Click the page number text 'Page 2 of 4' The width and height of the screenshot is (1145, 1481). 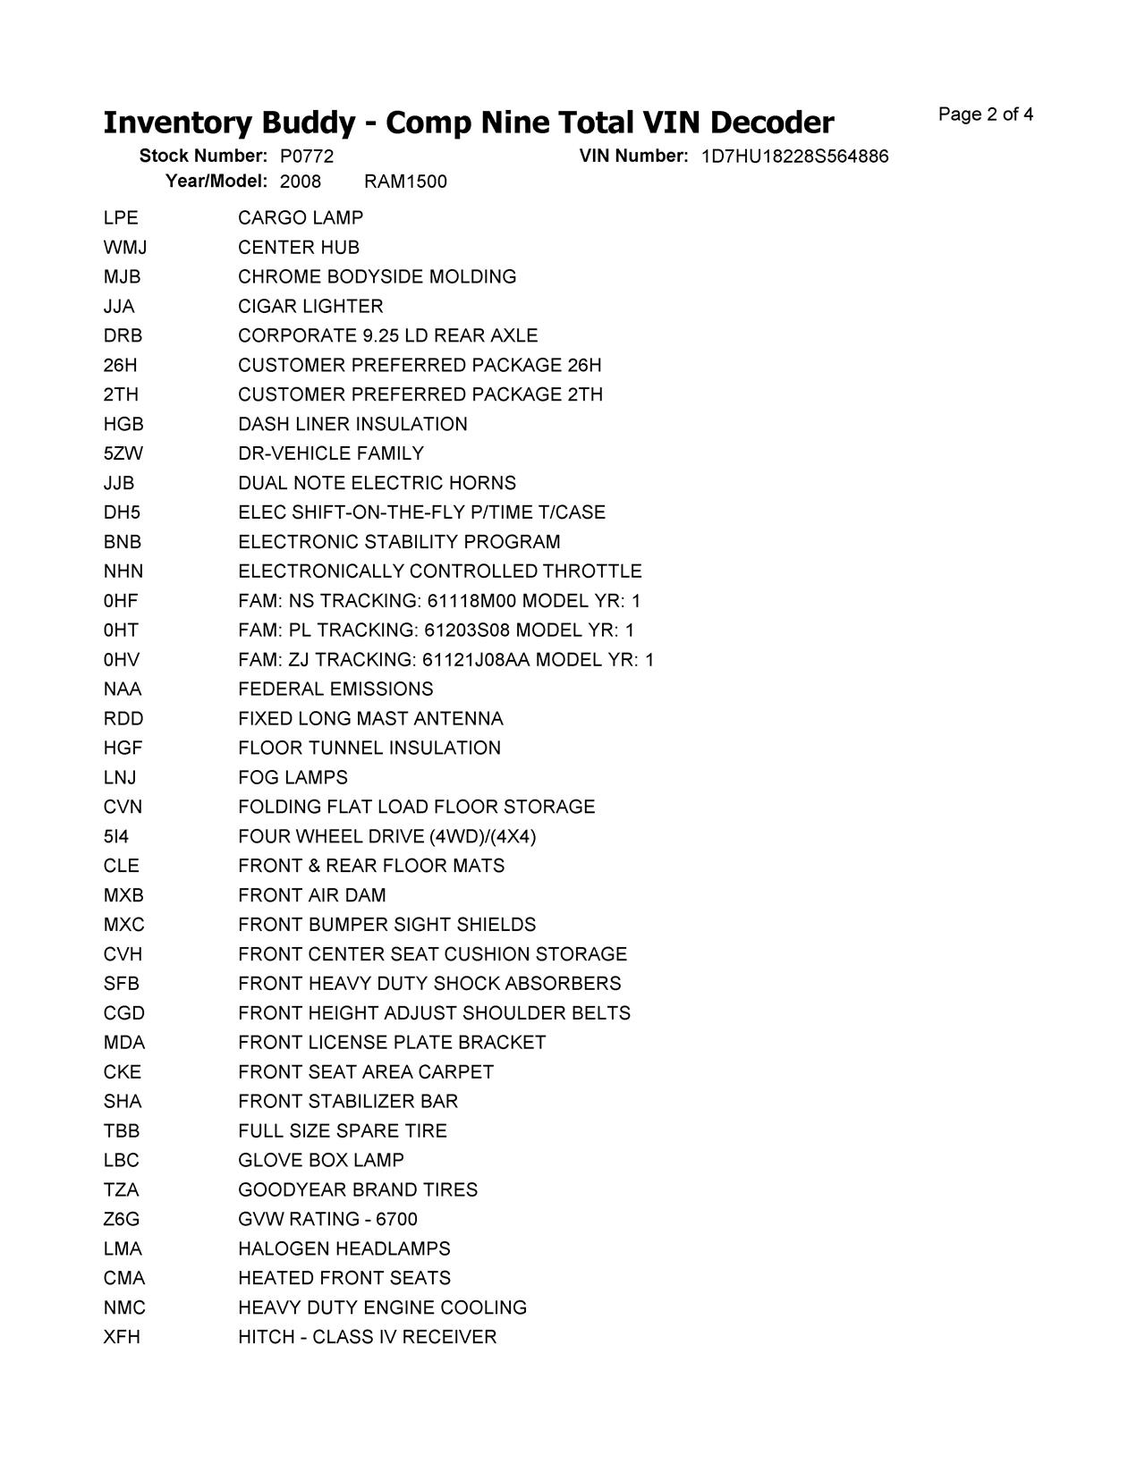pos(986,114)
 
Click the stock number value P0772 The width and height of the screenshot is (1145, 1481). pos(307,157)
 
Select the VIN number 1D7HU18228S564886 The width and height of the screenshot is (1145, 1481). pos(794,157)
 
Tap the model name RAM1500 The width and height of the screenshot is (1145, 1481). pos(405,182)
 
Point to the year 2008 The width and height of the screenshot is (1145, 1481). pos(301,182)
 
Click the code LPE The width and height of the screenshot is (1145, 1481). pos(121,218)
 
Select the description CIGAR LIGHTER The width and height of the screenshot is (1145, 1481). pos(310,307)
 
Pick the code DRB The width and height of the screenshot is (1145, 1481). pos(123,336)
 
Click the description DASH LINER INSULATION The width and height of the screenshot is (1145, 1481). pos(352,425)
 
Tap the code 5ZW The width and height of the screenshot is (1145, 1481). pos(123,454)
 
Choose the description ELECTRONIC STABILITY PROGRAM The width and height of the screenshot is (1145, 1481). pos(399,543)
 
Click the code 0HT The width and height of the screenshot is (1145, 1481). pos(121,631)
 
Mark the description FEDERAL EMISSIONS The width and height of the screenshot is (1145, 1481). pos(335,690)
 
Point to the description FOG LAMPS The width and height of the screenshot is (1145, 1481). pos(293,778)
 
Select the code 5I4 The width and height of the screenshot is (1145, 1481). pos(116,837)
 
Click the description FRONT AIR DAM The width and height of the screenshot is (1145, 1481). pos(312,896)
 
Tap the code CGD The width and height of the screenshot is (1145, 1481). pos(123,1014)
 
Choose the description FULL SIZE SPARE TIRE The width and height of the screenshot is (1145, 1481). pos(343,1131)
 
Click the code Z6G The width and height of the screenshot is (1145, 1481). pos(122,1220)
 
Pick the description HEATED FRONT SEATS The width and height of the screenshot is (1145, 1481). pos(344,1279)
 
